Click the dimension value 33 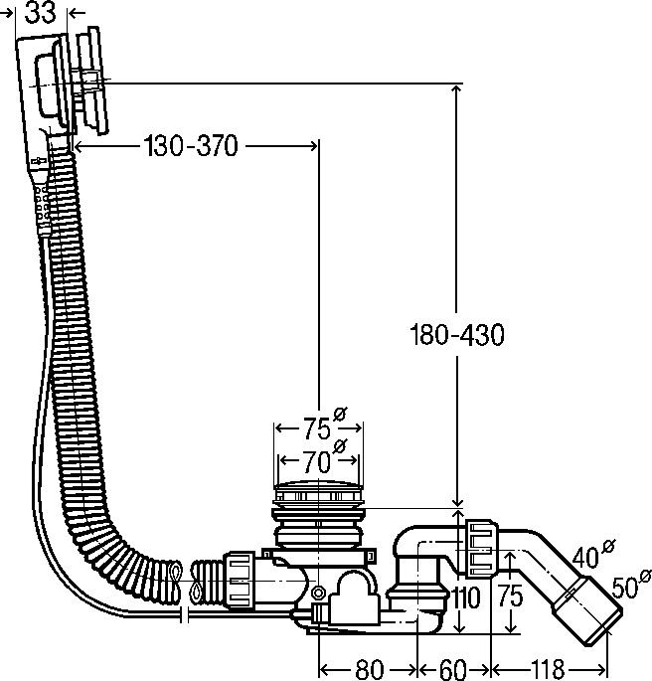point(39,13)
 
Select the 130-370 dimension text point(190,147)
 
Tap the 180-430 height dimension point(457,335)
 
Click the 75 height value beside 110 point(511,598)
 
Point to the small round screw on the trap point(318,595)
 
